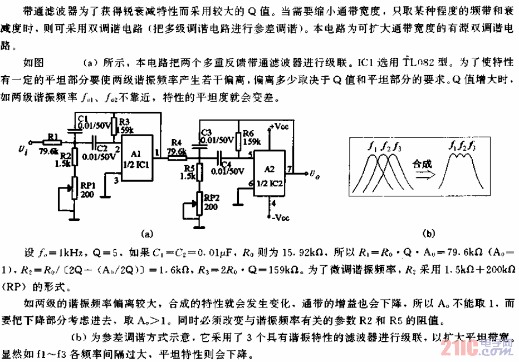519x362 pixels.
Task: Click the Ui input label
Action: point(23,149)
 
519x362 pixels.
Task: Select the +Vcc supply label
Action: point(281,127)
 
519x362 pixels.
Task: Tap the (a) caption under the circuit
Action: point(147,234)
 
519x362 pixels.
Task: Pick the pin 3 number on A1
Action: point(116,180)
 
